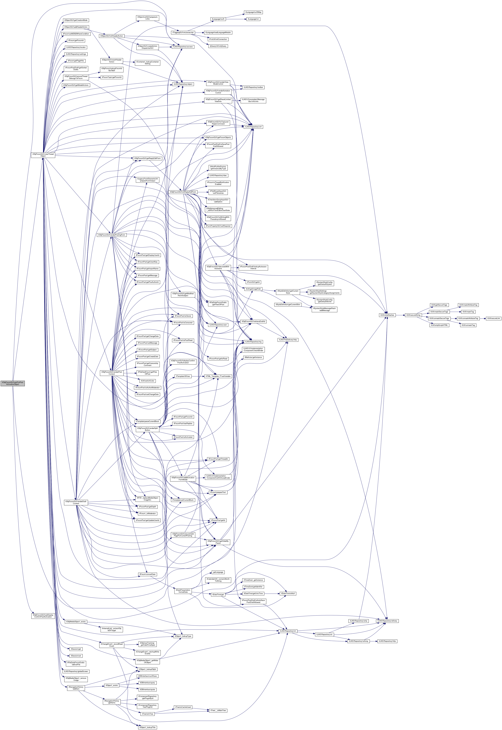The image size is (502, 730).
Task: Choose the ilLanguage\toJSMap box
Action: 253,12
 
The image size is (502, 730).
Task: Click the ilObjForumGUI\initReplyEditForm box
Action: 183,192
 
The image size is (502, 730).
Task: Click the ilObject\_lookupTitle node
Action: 148,727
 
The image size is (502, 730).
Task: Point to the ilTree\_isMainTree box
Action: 218,711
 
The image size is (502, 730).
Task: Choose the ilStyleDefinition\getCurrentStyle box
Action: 288,292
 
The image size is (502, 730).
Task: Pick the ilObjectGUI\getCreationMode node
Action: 76,20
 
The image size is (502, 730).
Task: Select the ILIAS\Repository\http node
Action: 387,641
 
